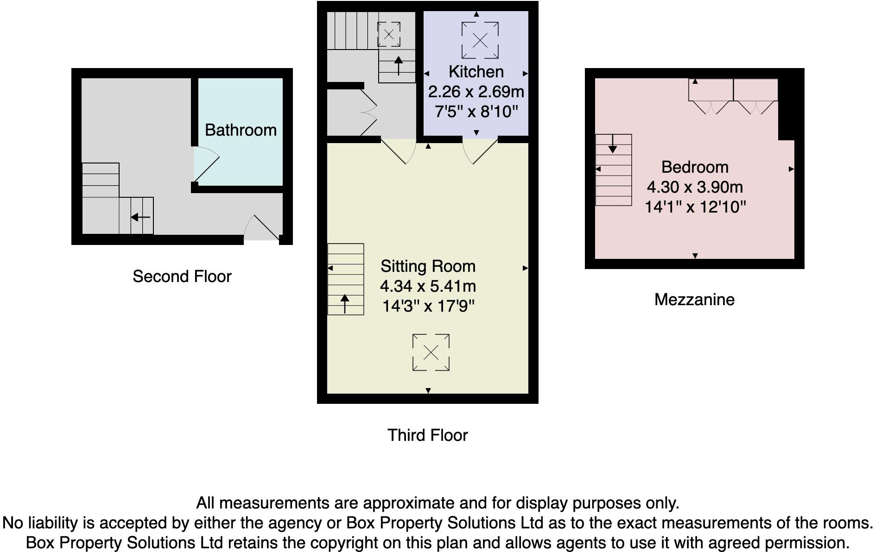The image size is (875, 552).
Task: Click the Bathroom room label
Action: [x=241, y=130]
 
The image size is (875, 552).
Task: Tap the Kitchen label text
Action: [x=476, y=72]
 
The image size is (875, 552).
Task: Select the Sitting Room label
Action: [x=428, y=266]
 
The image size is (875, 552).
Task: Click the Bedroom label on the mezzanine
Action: [x=695, y=167]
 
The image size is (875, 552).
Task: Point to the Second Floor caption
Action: [x=182, y=276]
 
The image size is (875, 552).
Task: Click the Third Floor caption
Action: [x=427, y=435]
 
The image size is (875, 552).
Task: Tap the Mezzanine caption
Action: [x=694, y=300]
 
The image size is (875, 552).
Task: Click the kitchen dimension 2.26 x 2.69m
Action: [x=476, y=92]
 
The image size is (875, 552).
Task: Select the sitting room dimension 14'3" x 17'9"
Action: [x=428, y=306]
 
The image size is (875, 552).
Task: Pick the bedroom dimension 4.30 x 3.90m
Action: [x=695, y=187]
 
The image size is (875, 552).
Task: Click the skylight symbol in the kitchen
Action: [x=480, y=40]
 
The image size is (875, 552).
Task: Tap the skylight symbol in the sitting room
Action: [x=431, y=352]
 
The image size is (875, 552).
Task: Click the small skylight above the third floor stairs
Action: [x=389, y=34]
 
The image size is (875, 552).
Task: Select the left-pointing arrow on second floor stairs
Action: [x=140, y=217]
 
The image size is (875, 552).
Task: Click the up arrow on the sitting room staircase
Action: [x=345, y=303]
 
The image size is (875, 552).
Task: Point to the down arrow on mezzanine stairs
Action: [x=613, y=144]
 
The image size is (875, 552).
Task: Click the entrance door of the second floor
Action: [x=262, y=228]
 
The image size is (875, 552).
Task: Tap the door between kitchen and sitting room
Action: [x=480, y=150]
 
